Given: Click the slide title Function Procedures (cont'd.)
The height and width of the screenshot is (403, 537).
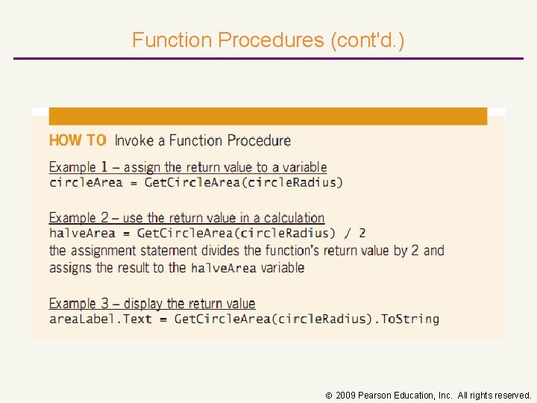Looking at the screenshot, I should pyautogui.click(x=268, y=40).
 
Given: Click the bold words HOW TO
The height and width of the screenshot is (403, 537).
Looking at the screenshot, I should pyautogui.click(x=78, y=140).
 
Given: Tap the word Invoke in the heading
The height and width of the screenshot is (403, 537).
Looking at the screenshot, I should pyautogui.click(x=139, y=140).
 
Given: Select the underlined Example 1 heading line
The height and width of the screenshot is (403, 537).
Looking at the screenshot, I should pyautogui.click(x=188, y=167).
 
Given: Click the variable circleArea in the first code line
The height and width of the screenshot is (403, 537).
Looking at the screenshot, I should pyautogui.click(x=86, y=182).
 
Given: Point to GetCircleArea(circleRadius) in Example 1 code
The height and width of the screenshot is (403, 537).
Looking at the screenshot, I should pyautogui.click(x=243, y=182).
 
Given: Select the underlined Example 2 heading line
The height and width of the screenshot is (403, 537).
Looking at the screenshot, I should pyautogui.click(x=186, y=218).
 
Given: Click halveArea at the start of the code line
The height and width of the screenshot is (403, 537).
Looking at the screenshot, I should pyautogui.click(x=82, y=234).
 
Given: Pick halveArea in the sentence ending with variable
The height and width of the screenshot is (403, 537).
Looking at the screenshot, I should pyautogui.click(x=223, y=268).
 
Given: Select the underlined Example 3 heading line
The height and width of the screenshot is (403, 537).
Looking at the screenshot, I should pyautogui.click(x=152, y=304).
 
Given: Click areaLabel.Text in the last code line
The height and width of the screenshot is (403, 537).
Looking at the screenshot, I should pyautogui.click(x=100, y=319).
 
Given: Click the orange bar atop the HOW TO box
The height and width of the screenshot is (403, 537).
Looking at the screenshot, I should pyautogui.click(x=268, y=116).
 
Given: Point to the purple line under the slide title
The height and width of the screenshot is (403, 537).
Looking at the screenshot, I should pyautogui.click(x=268, y=58).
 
